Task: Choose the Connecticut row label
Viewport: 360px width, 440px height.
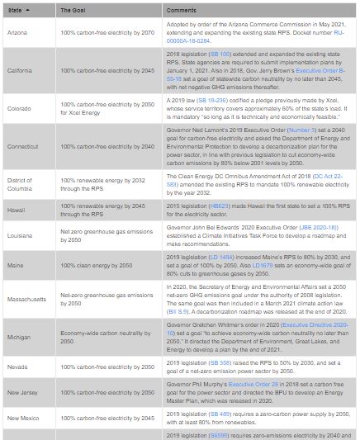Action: click(x=24, y=146)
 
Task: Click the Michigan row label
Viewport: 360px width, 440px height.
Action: click(x=20, y=337)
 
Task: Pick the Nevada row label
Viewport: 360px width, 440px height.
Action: click(x=18, y=366)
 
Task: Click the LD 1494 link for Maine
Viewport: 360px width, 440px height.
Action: click(x=216, y=257)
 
